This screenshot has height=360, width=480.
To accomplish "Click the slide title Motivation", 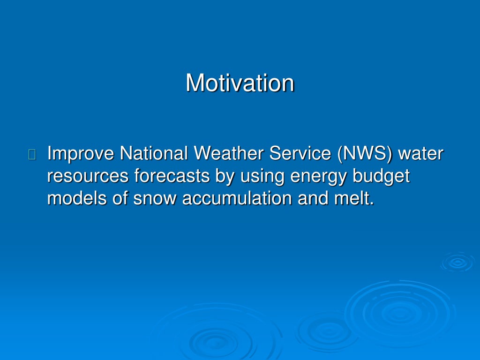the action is [240, 82].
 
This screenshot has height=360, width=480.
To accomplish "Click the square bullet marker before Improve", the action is [32, 155].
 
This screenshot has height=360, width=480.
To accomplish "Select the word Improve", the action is [81, 154].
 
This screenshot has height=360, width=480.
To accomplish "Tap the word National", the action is [153, 153].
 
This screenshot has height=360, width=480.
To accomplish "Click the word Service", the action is [300, 153].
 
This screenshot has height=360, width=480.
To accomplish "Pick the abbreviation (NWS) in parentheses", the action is [365, 154].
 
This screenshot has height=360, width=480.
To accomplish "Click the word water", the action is [420, 154].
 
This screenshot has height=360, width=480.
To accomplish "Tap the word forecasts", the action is [172, 176].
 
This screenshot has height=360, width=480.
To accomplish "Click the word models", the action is [77, 198].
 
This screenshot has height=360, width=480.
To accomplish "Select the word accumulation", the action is [237, 198].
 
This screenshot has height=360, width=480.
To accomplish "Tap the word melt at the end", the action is [354, 198].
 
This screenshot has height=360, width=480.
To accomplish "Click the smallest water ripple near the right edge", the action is [457, 262].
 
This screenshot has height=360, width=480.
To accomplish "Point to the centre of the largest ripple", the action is [400, 313].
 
